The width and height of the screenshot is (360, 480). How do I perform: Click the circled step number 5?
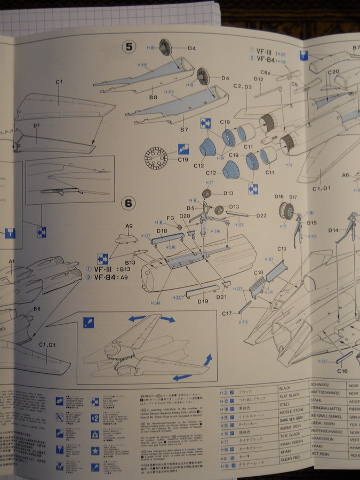(x=129, y=47)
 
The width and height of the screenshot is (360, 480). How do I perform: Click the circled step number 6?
(x=128, y=203)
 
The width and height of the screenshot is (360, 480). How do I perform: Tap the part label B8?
(x=153, y=97)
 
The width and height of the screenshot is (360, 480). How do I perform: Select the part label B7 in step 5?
(x=184, y=130)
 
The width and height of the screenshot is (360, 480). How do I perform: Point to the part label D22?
(x=261, y=215)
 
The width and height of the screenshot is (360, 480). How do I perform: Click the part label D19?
(x=202, y=301)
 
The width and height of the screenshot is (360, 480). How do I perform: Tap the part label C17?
(x=227, y=314)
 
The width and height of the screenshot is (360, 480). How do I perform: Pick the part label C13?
(x=282, y=249)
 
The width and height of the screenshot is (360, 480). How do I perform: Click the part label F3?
(x=170, y=218)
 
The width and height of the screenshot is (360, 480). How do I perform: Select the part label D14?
(x=333, y=230)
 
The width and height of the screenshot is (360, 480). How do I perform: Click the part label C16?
(x=342, y=371)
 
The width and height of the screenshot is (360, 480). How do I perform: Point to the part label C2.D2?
(x=243, y=86)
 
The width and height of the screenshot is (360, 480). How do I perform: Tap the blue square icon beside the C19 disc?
(x=183, y=149)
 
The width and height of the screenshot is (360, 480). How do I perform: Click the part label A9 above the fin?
(x=129, y=226)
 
